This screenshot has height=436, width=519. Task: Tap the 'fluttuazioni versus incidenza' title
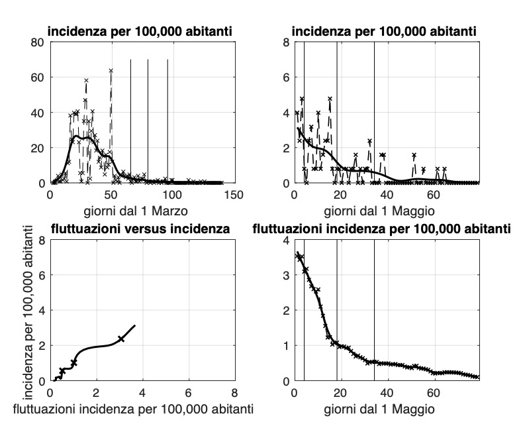point(141,229)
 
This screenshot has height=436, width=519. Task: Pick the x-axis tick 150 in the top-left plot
point(234,195)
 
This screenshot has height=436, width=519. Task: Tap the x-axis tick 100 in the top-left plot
point(173,195)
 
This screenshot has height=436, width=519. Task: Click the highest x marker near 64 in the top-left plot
point(111,70)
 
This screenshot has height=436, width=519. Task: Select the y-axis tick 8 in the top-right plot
point(286,42)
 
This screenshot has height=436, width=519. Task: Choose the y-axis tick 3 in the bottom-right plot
point(286,275)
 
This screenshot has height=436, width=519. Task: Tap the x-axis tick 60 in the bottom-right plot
point(434,393)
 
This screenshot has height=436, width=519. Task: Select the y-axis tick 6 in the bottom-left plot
point(41,275)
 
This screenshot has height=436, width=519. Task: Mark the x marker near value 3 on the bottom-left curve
point(121,339)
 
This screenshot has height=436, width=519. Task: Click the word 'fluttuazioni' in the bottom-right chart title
point(285,229)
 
